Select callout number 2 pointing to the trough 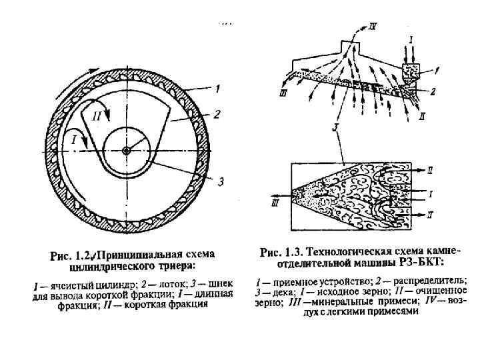click(216, 115)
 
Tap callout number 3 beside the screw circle click(220, 181)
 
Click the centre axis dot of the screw click(126, 149)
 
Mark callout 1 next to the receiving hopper click(437, 69)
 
